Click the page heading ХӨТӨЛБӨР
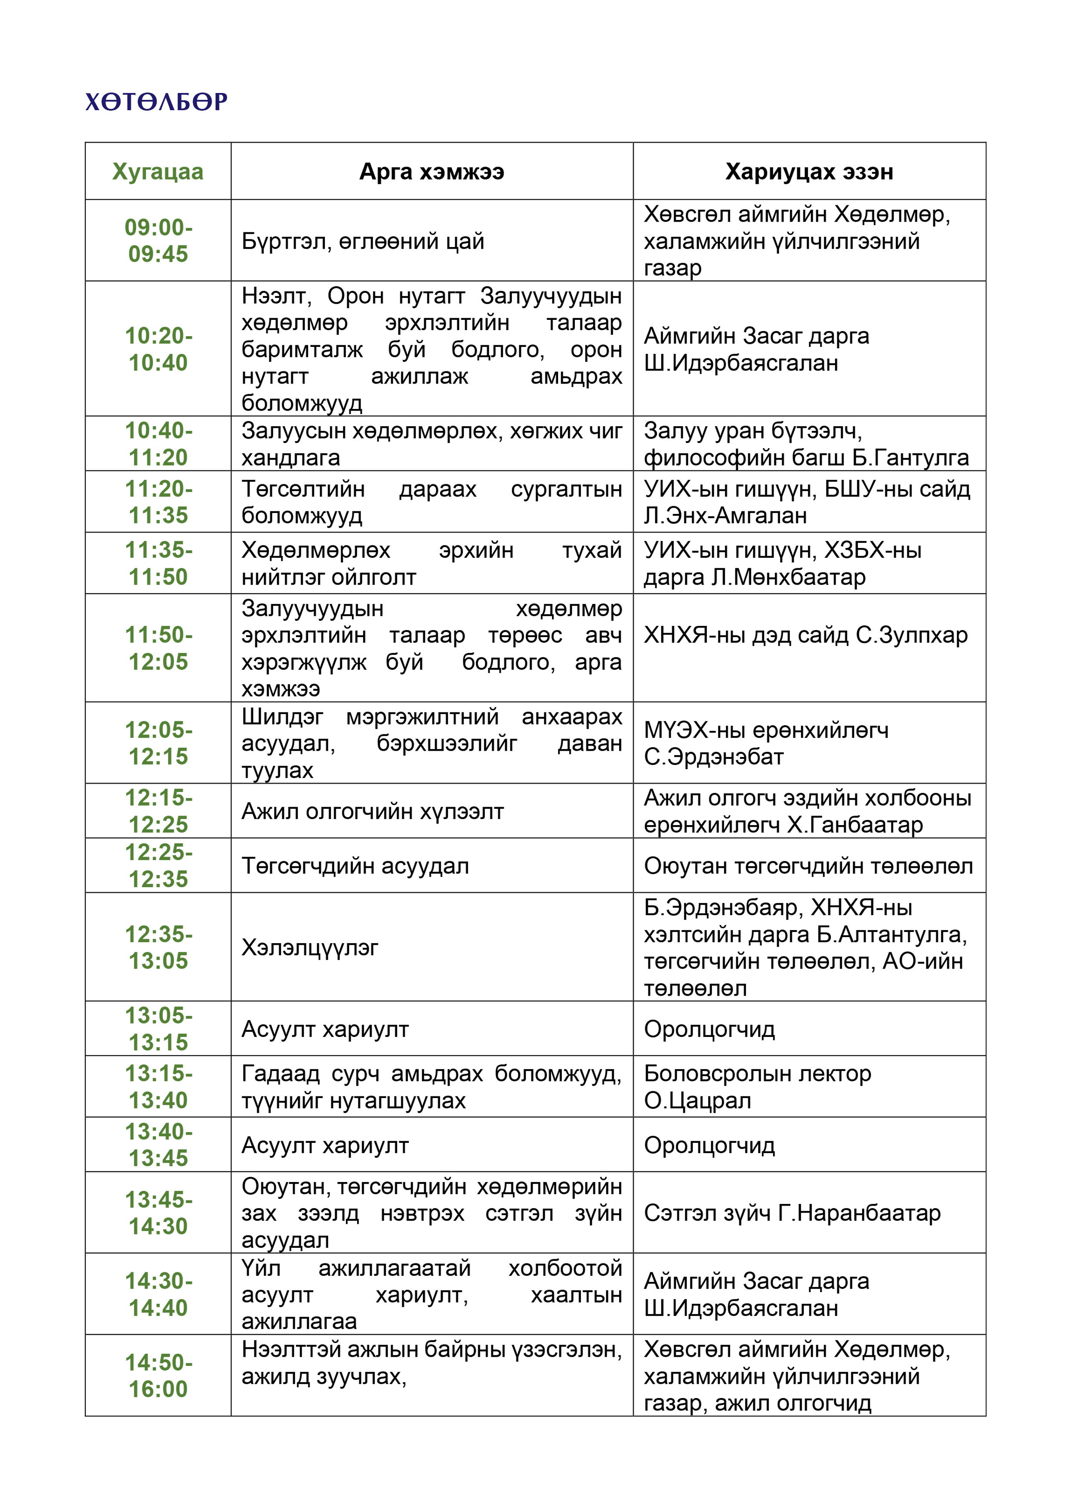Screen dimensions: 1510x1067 coord(157,102)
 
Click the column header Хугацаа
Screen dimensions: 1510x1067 coord(158,172)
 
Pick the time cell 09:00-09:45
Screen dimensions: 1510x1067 coord(158,241)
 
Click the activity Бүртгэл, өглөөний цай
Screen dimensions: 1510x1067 coord(363,241)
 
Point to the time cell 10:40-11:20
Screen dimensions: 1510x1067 coord(158,444)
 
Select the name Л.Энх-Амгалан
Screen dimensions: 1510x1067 coord(725,516)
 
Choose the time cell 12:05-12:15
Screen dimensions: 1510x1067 coord(158,743)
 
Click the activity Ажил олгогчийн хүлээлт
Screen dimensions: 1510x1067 coord(372,811)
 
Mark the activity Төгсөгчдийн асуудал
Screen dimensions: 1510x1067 coord(355,866)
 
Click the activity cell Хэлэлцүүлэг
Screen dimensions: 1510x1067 coord(310,948)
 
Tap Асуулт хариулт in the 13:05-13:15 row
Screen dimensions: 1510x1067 coord(325,1029)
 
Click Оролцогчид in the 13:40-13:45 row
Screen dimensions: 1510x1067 coord(709,1146)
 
